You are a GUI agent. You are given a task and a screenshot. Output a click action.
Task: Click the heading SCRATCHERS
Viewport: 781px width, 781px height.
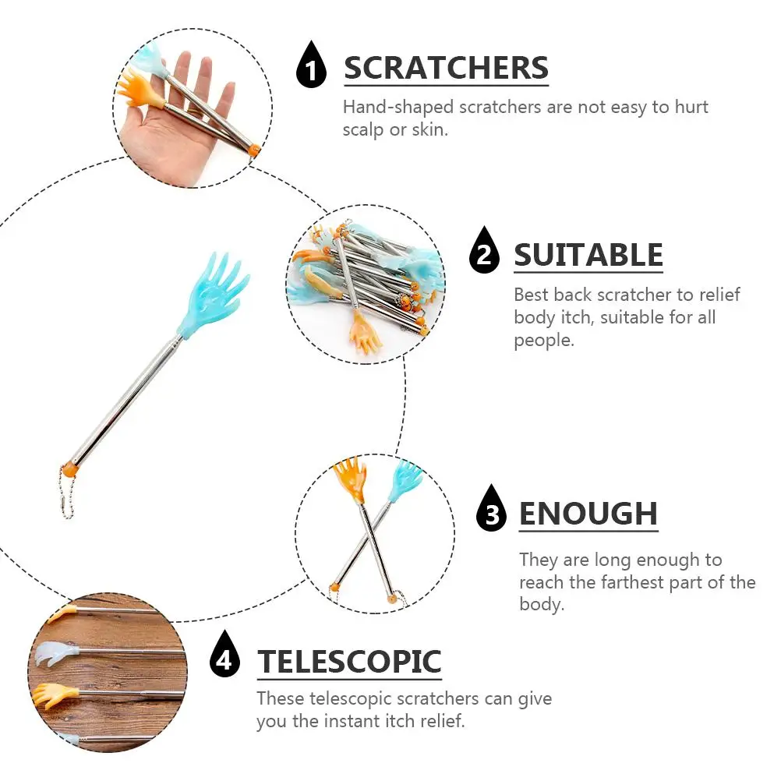click(446, 68)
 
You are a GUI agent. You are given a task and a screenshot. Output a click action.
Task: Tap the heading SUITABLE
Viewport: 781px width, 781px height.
click(588, 255)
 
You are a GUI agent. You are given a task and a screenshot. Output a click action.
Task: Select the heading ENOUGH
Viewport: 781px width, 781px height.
click(588, 514)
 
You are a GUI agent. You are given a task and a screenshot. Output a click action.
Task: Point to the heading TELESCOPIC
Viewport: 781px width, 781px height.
click(349, 662)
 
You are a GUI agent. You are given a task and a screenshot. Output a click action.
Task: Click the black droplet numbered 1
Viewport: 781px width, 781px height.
click(312, 66)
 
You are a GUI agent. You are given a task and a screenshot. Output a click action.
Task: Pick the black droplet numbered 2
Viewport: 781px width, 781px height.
click(484, 252)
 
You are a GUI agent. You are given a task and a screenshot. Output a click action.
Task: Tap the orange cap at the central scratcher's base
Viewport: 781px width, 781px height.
click(70, 470)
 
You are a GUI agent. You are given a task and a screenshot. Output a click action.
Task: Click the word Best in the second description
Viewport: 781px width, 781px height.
click(531, 295)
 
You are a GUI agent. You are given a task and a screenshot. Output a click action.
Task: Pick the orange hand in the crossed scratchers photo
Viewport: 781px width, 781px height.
click(349, 480)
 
